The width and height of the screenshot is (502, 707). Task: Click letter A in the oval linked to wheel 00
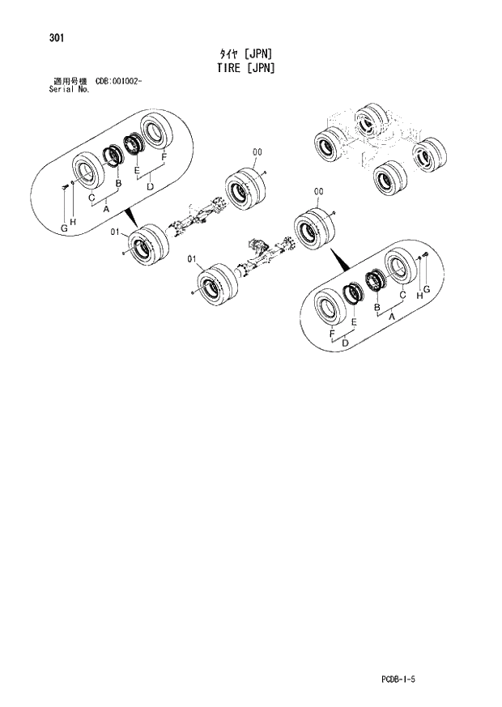pyautogui.click(x=393, y=317)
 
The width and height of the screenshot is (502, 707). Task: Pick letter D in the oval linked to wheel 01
pyautogui.click(x=150, y=187)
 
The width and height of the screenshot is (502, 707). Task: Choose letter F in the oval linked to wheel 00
pyautogui.click(x=332, y=334)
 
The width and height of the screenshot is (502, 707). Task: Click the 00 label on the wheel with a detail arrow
pyautogui.click(x=318, y=191)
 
